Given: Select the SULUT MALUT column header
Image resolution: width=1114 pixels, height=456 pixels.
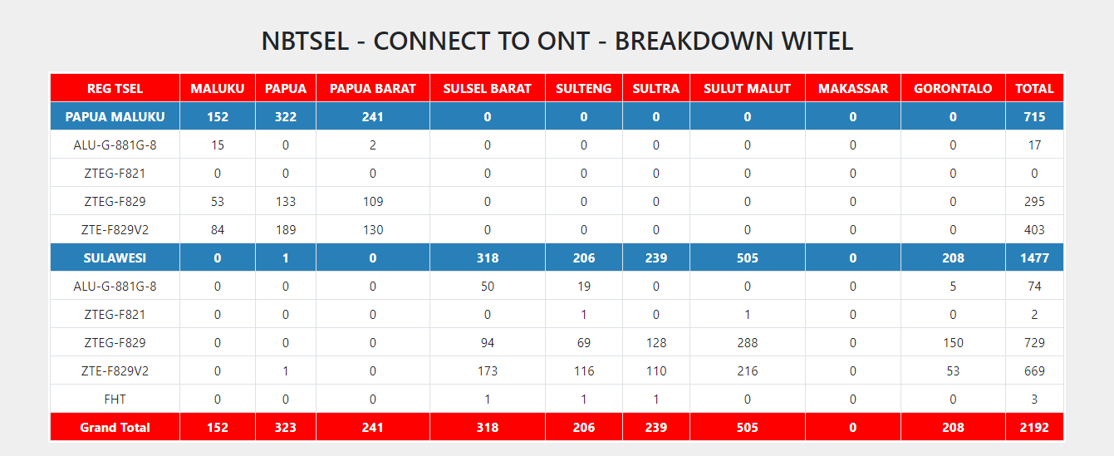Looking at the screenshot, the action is [x=747, y=89].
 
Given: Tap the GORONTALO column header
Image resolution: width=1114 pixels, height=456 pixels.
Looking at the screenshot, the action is [x=953, y=89].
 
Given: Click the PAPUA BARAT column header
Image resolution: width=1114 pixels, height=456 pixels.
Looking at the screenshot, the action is [x=372, y=89].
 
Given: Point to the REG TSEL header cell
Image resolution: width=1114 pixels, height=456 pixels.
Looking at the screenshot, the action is [x=115, y=89].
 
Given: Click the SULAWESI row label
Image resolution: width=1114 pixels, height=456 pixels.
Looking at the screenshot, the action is [x=115, y=258].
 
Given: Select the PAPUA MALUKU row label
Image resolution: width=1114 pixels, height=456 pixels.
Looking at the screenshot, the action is [x=115, y=117].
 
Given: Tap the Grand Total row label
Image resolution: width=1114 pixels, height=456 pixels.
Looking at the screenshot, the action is [x=115, y=428].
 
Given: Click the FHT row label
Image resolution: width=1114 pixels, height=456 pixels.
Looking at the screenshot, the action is [x=115, y=400].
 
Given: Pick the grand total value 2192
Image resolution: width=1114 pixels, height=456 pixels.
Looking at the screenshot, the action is [x=1034, y=428].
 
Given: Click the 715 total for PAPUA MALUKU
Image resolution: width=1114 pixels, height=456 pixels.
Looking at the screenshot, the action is [x=1034, y=117].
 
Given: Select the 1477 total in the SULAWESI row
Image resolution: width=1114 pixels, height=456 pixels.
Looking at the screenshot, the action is [x=1034, y=258].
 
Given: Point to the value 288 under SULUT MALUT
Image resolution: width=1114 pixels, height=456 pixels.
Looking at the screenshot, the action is [x=747, y=342].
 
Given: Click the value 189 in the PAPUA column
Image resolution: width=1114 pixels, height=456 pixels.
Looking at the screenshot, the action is [x=286, y=230].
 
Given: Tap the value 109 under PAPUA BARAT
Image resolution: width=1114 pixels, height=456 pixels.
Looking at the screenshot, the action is [x=372, y=201].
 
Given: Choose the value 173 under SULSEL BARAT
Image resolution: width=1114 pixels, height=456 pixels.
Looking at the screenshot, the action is [x=488, y=371].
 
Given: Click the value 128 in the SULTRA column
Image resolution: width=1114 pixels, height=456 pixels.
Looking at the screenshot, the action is [x=656, y=342].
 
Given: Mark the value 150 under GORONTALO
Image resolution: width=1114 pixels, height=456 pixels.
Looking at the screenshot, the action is [x=953, y=342].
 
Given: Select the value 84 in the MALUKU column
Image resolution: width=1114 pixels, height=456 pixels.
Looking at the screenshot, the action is [x=218, y=230].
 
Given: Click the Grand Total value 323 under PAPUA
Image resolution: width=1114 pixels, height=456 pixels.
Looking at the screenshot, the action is [x=286, y=428].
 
